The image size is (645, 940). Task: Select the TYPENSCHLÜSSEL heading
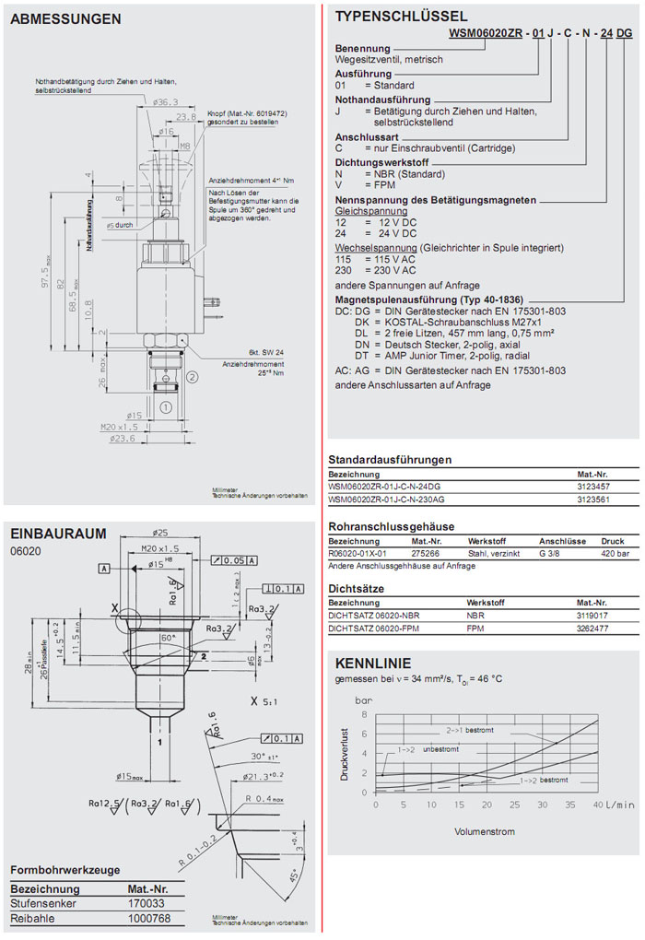401,16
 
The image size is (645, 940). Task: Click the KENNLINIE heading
373,664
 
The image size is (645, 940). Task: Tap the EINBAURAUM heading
58,533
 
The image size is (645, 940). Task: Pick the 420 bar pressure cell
613,554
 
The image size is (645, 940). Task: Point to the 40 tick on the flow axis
597,805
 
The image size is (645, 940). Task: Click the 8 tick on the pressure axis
365,714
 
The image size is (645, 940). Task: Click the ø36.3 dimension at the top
165,102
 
